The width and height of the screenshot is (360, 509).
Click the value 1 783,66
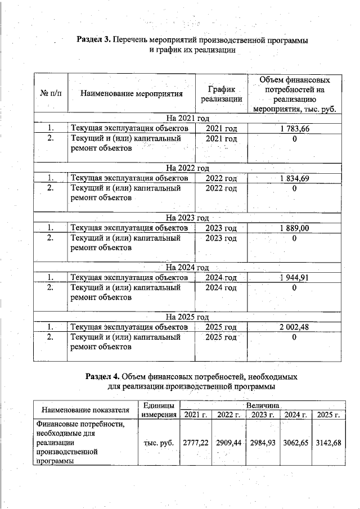tap(294, 129)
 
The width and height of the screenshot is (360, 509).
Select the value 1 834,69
tap(294, 178)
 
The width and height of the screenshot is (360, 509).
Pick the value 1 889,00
tap(294, 228)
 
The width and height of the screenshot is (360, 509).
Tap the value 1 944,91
tap(294, 277)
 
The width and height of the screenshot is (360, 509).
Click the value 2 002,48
tap(294, 327)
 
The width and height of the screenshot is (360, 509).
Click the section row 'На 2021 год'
tap(187, 118)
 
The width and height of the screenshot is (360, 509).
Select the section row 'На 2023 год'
tap(187, 218)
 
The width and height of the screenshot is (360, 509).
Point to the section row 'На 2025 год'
tap(187, 317)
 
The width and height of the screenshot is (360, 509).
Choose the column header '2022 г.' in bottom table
tap(229, 415)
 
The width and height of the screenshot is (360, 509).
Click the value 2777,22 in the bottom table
tap(196, 443)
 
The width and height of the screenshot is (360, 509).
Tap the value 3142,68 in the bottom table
tap(329, 443)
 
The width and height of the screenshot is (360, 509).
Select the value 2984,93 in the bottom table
tap(263, 443)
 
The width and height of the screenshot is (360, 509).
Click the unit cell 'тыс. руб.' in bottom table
tap(159, 443)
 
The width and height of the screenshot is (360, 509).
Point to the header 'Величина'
tap(262, 405)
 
